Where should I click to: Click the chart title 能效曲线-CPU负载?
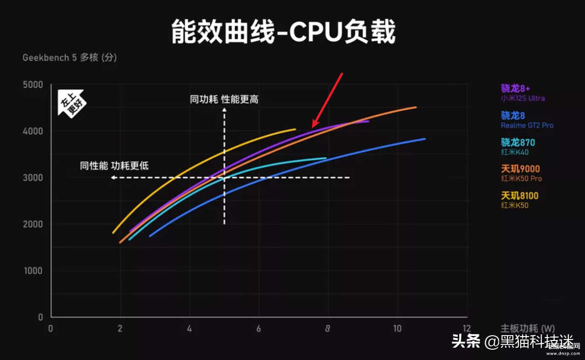tap(283, 32)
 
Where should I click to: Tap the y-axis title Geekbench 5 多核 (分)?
tap(70, 58)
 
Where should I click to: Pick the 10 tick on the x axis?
tap(397, 329)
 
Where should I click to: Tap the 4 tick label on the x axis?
tap(189, 329)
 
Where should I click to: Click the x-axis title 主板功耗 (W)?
tap(527, 329)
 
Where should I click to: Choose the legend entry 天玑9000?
tap(520, 169)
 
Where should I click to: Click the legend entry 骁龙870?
tap(518, 142)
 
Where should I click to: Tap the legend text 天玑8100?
tap(520, 196)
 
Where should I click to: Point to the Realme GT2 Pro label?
tap(527, 125)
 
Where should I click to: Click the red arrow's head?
tap(313, 126)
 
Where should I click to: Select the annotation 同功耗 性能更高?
tap(224, 100)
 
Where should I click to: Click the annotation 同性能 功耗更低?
tap(115, 166)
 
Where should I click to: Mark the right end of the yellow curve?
tap(295, 129)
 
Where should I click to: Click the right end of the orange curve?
tap(416, 107)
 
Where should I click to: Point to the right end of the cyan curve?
tap(326, 158)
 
